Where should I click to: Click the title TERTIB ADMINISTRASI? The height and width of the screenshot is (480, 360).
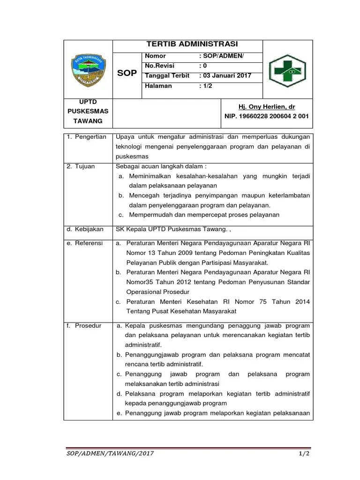click(192, 44)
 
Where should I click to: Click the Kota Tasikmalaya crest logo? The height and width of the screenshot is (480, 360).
click(88, 69)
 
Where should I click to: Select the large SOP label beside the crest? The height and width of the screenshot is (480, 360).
click(127, 73)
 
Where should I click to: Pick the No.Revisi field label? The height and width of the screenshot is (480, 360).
click(160, 66)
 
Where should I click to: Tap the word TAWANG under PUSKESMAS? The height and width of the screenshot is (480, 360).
click(88, 121)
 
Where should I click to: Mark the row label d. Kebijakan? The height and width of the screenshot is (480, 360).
click(85, 229)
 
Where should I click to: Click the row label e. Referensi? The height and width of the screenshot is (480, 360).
click(85, 243)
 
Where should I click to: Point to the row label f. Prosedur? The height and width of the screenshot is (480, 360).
click(84, 325)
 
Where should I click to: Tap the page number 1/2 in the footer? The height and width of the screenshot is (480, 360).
click(305, 454)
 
